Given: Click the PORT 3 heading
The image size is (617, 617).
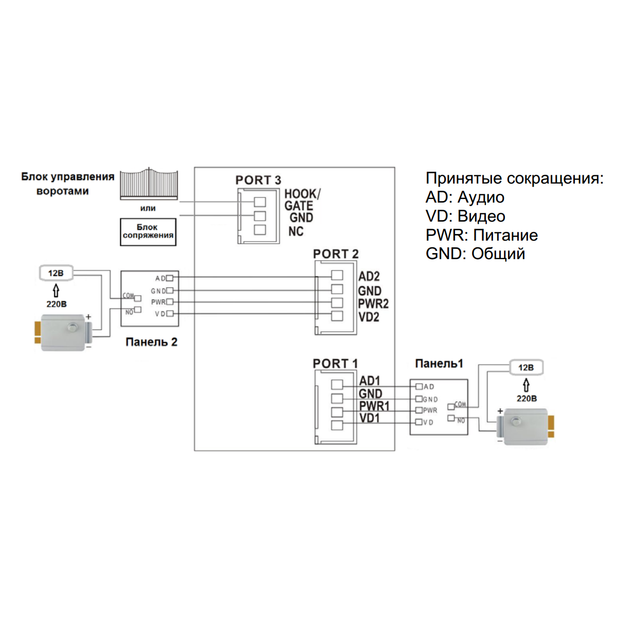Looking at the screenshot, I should tap(258, 180).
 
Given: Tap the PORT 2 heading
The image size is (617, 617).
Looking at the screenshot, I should tap(336, 254).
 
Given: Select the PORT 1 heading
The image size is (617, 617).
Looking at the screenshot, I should tap(335, 364).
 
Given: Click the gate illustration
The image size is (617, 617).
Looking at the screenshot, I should tap(149, 184).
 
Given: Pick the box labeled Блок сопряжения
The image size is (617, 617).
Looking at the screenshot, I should tap(148, 231).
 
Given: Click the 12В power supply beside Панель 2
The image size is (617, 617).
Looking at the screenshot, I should tap(56, 273).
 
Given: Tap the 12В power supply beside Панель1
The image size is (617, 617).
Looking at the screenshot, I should tap(526, 368).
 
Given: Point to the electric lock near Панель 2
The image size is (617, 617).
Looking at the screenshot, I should tap(63, 332).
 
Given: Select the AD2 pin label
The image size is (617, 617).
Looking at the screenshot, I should tap(369, 277).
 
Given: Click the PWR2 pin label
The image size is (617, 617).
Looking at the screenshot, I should tap(373, 304).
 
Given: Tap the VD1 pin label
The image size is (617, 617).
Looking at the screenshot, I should tap(370, 418).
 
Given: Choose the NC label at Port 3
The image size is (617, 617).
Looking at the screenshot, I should tap(296, 231).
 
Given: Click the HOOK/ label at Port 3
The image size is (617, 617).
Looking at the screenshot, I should tap(302, 194).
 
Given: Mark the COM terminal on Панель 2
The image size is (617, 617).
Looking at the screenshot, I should tap(137, 298).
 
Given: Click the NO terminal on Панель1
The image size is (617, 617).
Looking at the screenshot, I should tap(451, 419).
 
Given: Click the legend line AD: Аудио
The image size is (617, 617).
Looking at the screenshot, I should tap(465, 197).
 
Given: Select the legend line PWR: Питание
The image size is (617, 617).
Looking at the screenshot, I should tap(482, 235).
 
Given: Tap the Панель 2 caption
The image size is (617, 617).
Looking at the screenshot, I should tap(151, 342).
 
